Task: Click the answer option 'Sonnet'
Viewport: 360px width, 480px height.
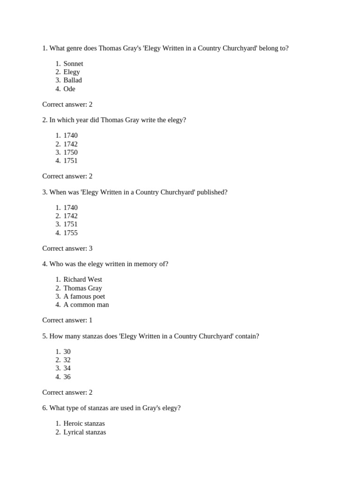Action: pos(73,64)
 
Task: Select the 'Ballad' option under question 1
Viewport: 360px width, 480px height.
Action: pos(73,80)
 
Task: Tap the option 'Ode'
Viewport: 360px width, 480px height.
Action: pos(69,89)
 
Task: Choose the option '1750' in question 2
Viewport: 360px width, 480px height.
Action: pos(71,152)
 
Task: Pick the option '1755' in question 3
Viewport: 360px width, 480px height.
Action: pos(71,233)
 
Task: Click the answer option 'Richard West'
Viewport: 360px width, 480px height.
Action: pos(82,279)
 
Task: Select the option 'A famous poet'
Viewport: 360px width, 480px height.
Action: pos(84,296)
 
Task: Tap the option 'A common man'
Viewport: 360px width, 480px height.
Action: pos(86,305)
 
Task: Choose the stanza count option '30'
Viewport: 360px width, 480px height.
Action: pos(67,352)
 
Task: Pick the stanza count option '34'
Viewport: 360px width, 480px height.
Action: pos(67,368)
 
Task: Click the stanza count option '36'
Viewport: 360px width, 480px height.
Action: pos(67,377)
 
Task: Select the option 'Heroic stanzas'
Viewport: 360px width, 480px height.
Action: pos(84,424)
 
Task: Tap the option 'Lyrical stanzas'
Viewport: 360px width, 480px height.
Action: pos(85,432)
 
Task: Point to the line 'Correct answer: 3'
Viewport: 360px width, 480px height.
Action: pos(67,248)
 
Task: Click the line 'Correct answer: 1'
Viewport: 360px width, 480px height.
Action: pos(67,320)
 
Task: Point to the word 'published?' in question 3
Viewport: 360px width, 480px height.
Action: pos(212,192)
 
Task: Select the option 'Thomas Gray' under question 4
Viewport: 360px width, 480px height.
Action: pos(82,288)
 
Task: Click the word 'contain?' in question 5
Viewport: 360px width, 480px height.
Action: pos(247,336)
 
